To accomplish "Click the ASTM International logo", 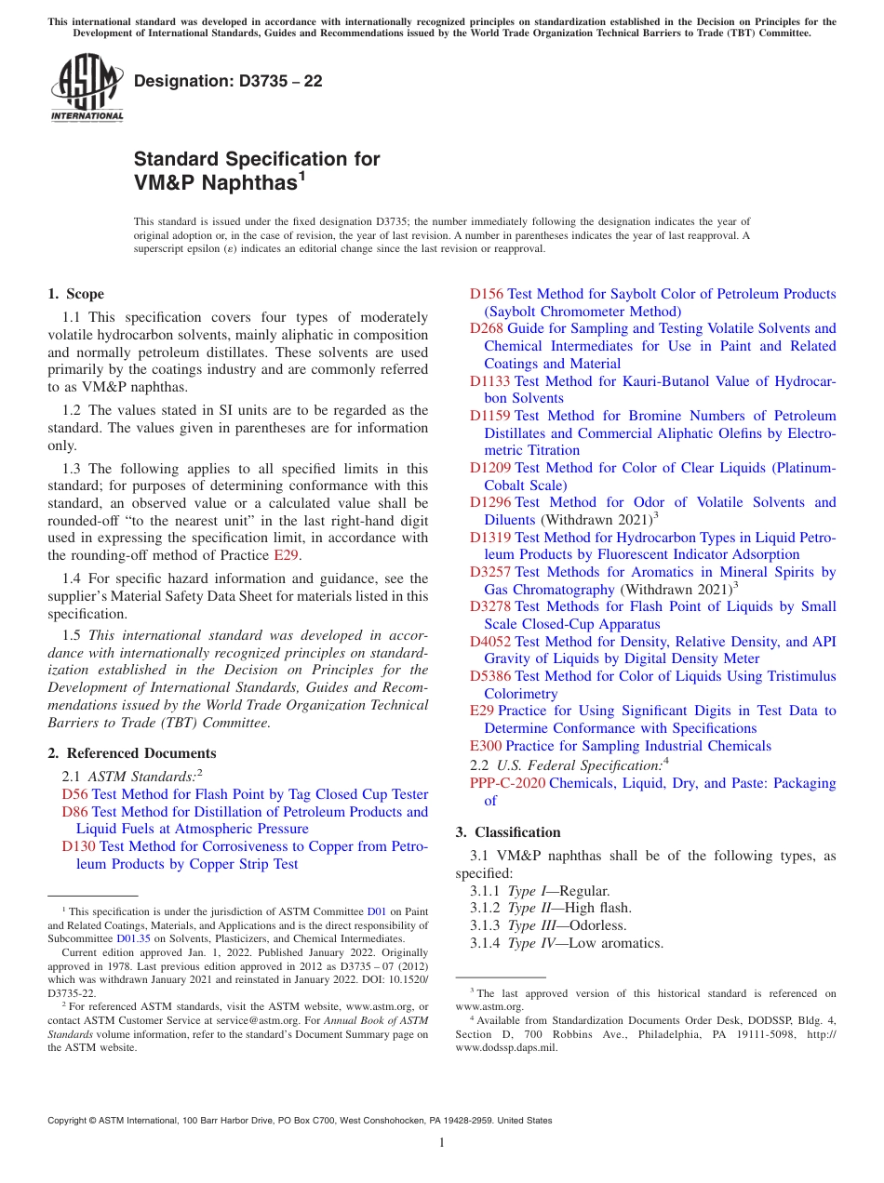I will [x=87, y=87].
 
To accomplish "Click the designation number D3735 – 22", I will [x=228, y=81].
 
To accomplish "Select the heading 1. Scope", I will [x=76, y=294].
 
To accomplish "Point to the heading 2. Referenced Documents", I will [x=131, y=753].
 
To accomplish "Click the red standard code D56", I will [x=74, y=794].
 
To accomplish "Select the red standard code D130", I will [x=78, y=846].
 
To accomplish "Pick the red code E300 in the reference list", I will [x=486, y=746].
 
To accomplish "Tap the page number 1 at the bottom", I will [x=442, y=1142].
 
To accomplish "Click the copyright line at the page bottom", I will [x=300, y=1121].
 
